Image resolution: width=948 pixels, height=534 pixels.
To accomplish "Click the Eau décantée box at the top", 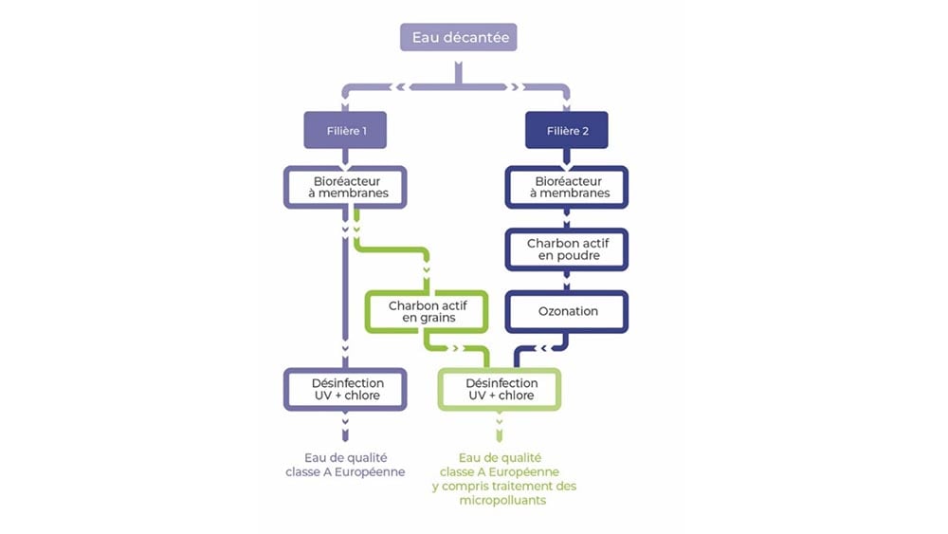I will point(459,39).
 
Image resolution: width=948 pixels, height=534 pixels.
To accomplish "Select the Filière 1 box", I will point(345,130).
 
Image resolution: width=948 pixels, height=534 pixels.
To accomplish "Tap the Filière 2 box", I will point(567,130).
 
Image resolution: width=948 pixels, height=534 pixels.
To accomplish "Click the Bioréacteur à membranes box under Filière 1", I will point(345,187).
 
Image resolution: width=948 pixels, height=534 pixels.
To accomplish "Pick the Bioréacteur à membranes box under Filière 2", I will point(567,187).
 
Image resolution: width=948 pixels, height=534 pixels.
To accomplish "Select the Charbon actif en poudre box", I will point(567,249).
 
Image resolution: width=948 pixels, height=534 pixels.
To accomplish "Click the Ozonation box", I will point(567,311).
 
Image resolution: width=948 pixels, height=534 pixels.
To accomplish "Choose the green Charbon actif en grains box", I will point(427,312).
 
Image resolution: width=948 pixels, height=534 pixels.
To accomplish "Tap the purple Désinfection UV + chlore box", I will point(345,389).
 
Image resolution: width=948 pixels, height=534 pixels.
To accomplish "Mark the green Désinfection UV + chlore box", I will point(500,389).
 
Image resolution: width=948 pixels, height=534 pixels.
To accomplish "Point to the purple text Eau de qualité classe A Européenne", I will point(345,464).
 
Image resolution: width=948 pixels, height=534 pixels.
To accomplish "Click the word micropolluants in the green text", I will point(503,501).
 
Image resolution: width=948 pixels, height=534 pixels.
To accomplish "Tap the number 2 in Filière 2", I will point(586,131).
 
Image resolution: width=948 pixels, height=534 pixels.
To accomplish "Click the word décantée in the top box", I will point(480,39).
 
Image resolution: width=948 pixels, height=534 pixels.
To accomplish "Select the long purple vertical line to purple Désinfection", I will point(345,294).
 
